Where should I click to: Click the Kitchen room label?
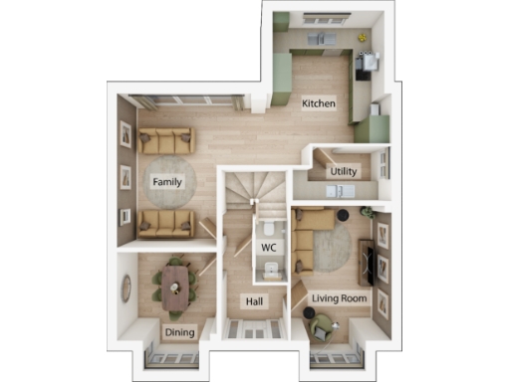tap(319, 103)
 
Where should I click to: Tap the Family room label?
tap(165, 181)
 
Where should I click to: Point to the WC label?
tap(268, 247)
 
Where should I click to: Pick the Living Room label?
tap(340, 297)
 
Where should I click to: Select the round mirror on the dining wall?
tap(127, 288)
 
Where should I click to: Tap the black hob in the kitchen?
tap(364, 62)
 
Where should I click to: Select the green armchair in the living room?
tap(321, 325)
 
